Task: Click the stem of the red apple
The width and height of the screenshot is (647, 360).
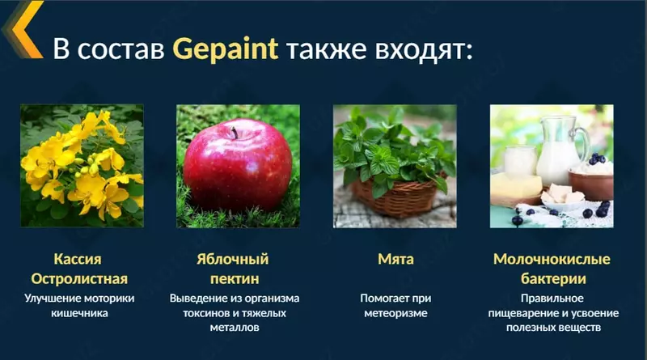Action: click(234, 131)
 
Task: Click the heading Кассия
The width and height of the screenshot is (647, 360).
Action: click(79, 260)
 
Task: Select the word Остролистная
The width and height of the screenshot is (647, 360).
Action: click(79, 279)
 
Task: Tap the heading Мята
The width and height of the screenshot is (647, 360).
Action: click(395, 260)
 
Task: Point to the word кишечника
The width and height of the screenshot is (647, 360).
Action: click(79, 312)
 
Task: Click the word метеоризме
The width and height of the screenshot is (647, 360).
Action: click(395, 312)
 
